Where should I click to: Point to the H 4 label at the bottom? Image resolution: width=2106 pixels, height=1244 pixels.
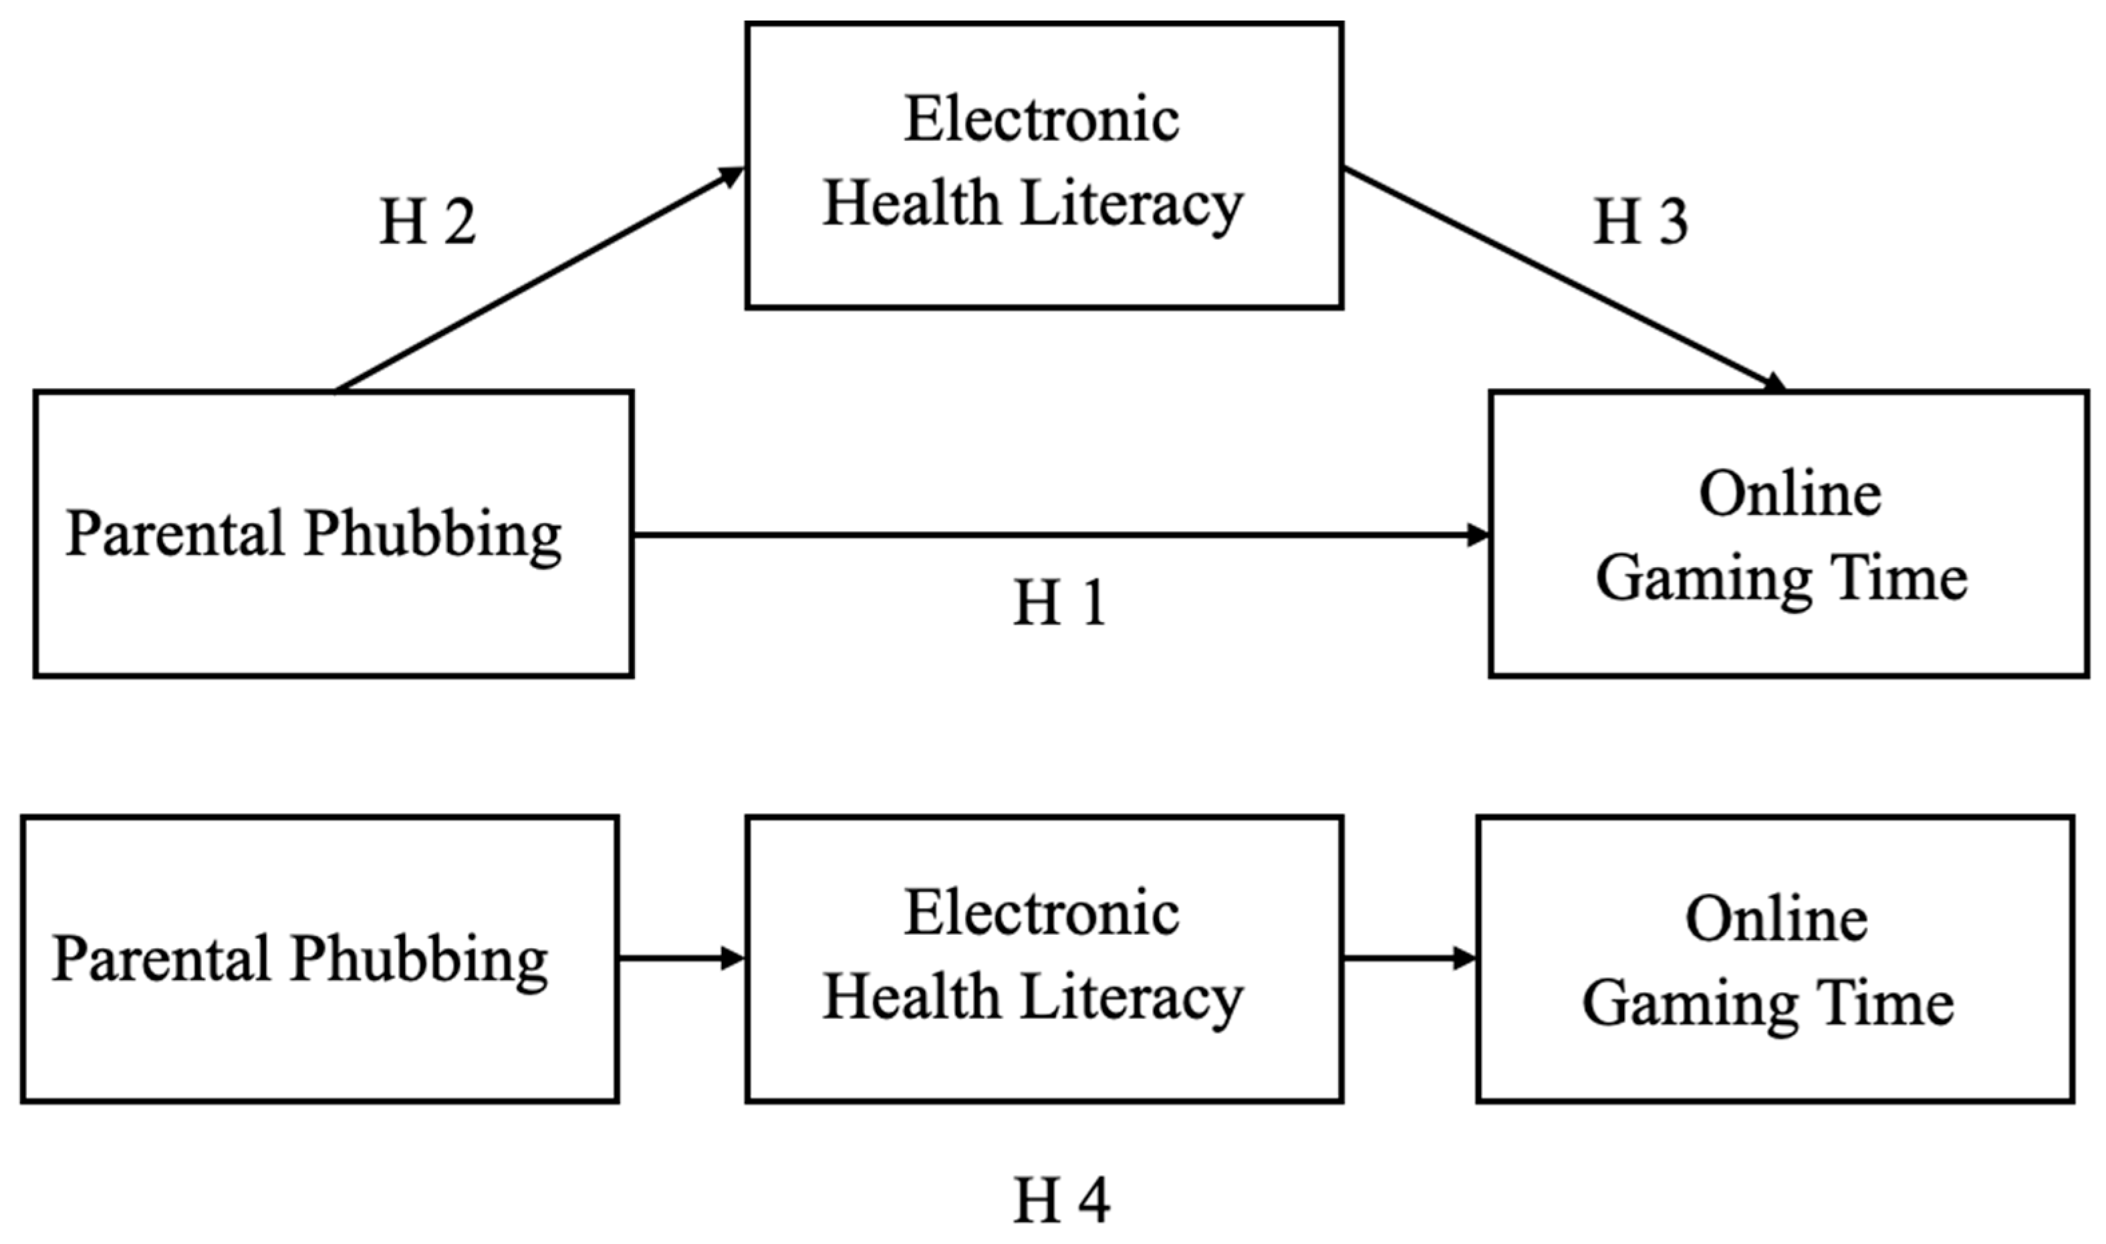coord(1061,1201)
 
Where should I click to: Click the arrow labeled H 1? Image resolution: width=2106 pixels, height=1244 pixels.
coord(1061,535)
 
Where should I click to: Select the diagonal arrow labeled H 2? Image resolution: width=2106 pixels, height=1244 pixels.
coord(539,280)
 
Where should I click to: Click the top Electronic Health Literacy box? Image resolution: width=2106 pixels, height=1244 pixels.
coord(1044,166)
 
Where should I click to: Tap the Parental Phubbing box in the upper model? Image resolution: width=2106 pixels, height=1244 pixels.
coord(333,533)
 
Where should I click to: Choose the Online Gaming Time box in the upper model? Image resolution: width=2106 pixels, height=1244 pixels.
coord(1789,533)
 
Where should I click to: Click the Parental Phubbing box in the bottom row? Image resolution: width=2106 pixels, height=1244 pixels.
coord(319,958)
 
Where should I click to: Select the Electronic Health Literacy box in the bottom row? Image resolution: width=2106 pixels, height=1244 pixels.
coord(1044,958)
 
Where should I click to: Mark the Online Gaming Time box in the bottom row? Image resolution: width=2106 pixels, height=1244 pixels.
coord(1775,958)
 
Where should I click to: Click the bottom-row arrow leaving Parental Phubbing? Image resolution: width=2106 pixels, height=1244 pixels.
coord(682,958)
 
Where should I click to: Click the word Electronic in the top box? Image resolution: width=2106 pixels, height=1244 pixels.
coord(1042,119)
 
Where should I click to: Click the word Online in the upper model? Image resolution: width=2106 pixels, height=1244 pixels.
coord(1790,494)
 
